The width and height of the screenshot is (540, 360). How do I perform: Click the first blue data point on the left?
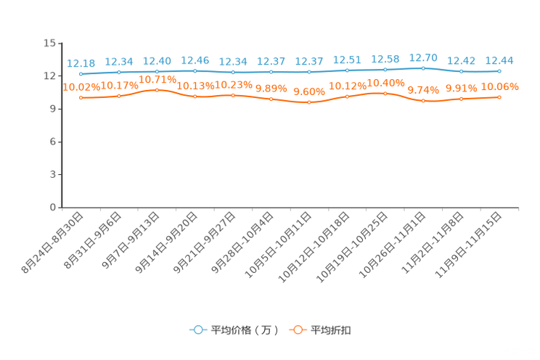click(81, 73)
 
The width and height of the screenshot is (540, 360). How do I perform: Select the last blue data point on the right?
click(499, 70)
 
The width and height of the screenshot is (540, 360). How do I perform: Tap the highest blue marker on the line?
click(423, 67)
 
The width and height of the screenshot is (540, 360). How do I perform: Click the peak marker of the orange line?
click(157, 90)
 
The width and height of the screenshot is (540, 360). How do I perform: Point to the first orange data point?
click(81, 98)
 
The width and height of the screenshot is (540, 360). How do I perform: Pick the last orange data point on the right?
click(499, 97)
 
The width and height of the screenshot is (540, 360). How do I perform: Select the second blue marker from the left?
click(119, 72)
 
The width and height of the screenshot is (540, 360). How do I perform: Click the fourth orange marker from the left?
click(195, 97)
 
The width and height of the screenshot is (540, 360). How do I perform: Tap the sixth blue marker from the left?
click(271, 72)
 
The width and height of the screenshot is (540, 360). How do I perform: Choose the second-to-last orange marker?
click(461, 99)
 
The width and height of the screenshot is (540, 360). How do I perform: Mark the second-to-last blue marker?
click(461, 71)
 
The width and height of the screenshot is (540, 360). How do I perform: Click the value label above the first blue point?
click(81, 63)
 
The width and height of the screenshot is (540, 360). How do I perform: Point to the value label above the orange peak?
click(157, 78)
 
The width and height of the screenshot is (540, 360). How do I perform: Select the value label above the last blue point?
click(499, 60)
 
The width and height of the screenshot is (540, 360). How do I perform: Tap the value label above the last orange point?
click(500, 86)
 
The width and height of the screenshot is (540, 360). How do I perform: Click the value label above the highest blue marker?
click(423, 57)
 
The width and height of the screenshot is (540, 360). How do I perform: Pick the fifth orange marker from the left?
click(233, 95)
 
